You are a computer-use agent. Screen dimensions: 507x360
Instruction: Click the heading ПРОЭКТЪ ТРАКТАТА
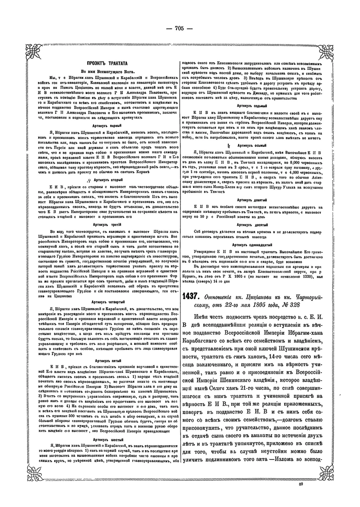pos(104,62)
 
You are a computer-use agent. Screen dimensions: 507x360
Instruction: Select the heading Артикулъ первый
pos(104,126)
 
